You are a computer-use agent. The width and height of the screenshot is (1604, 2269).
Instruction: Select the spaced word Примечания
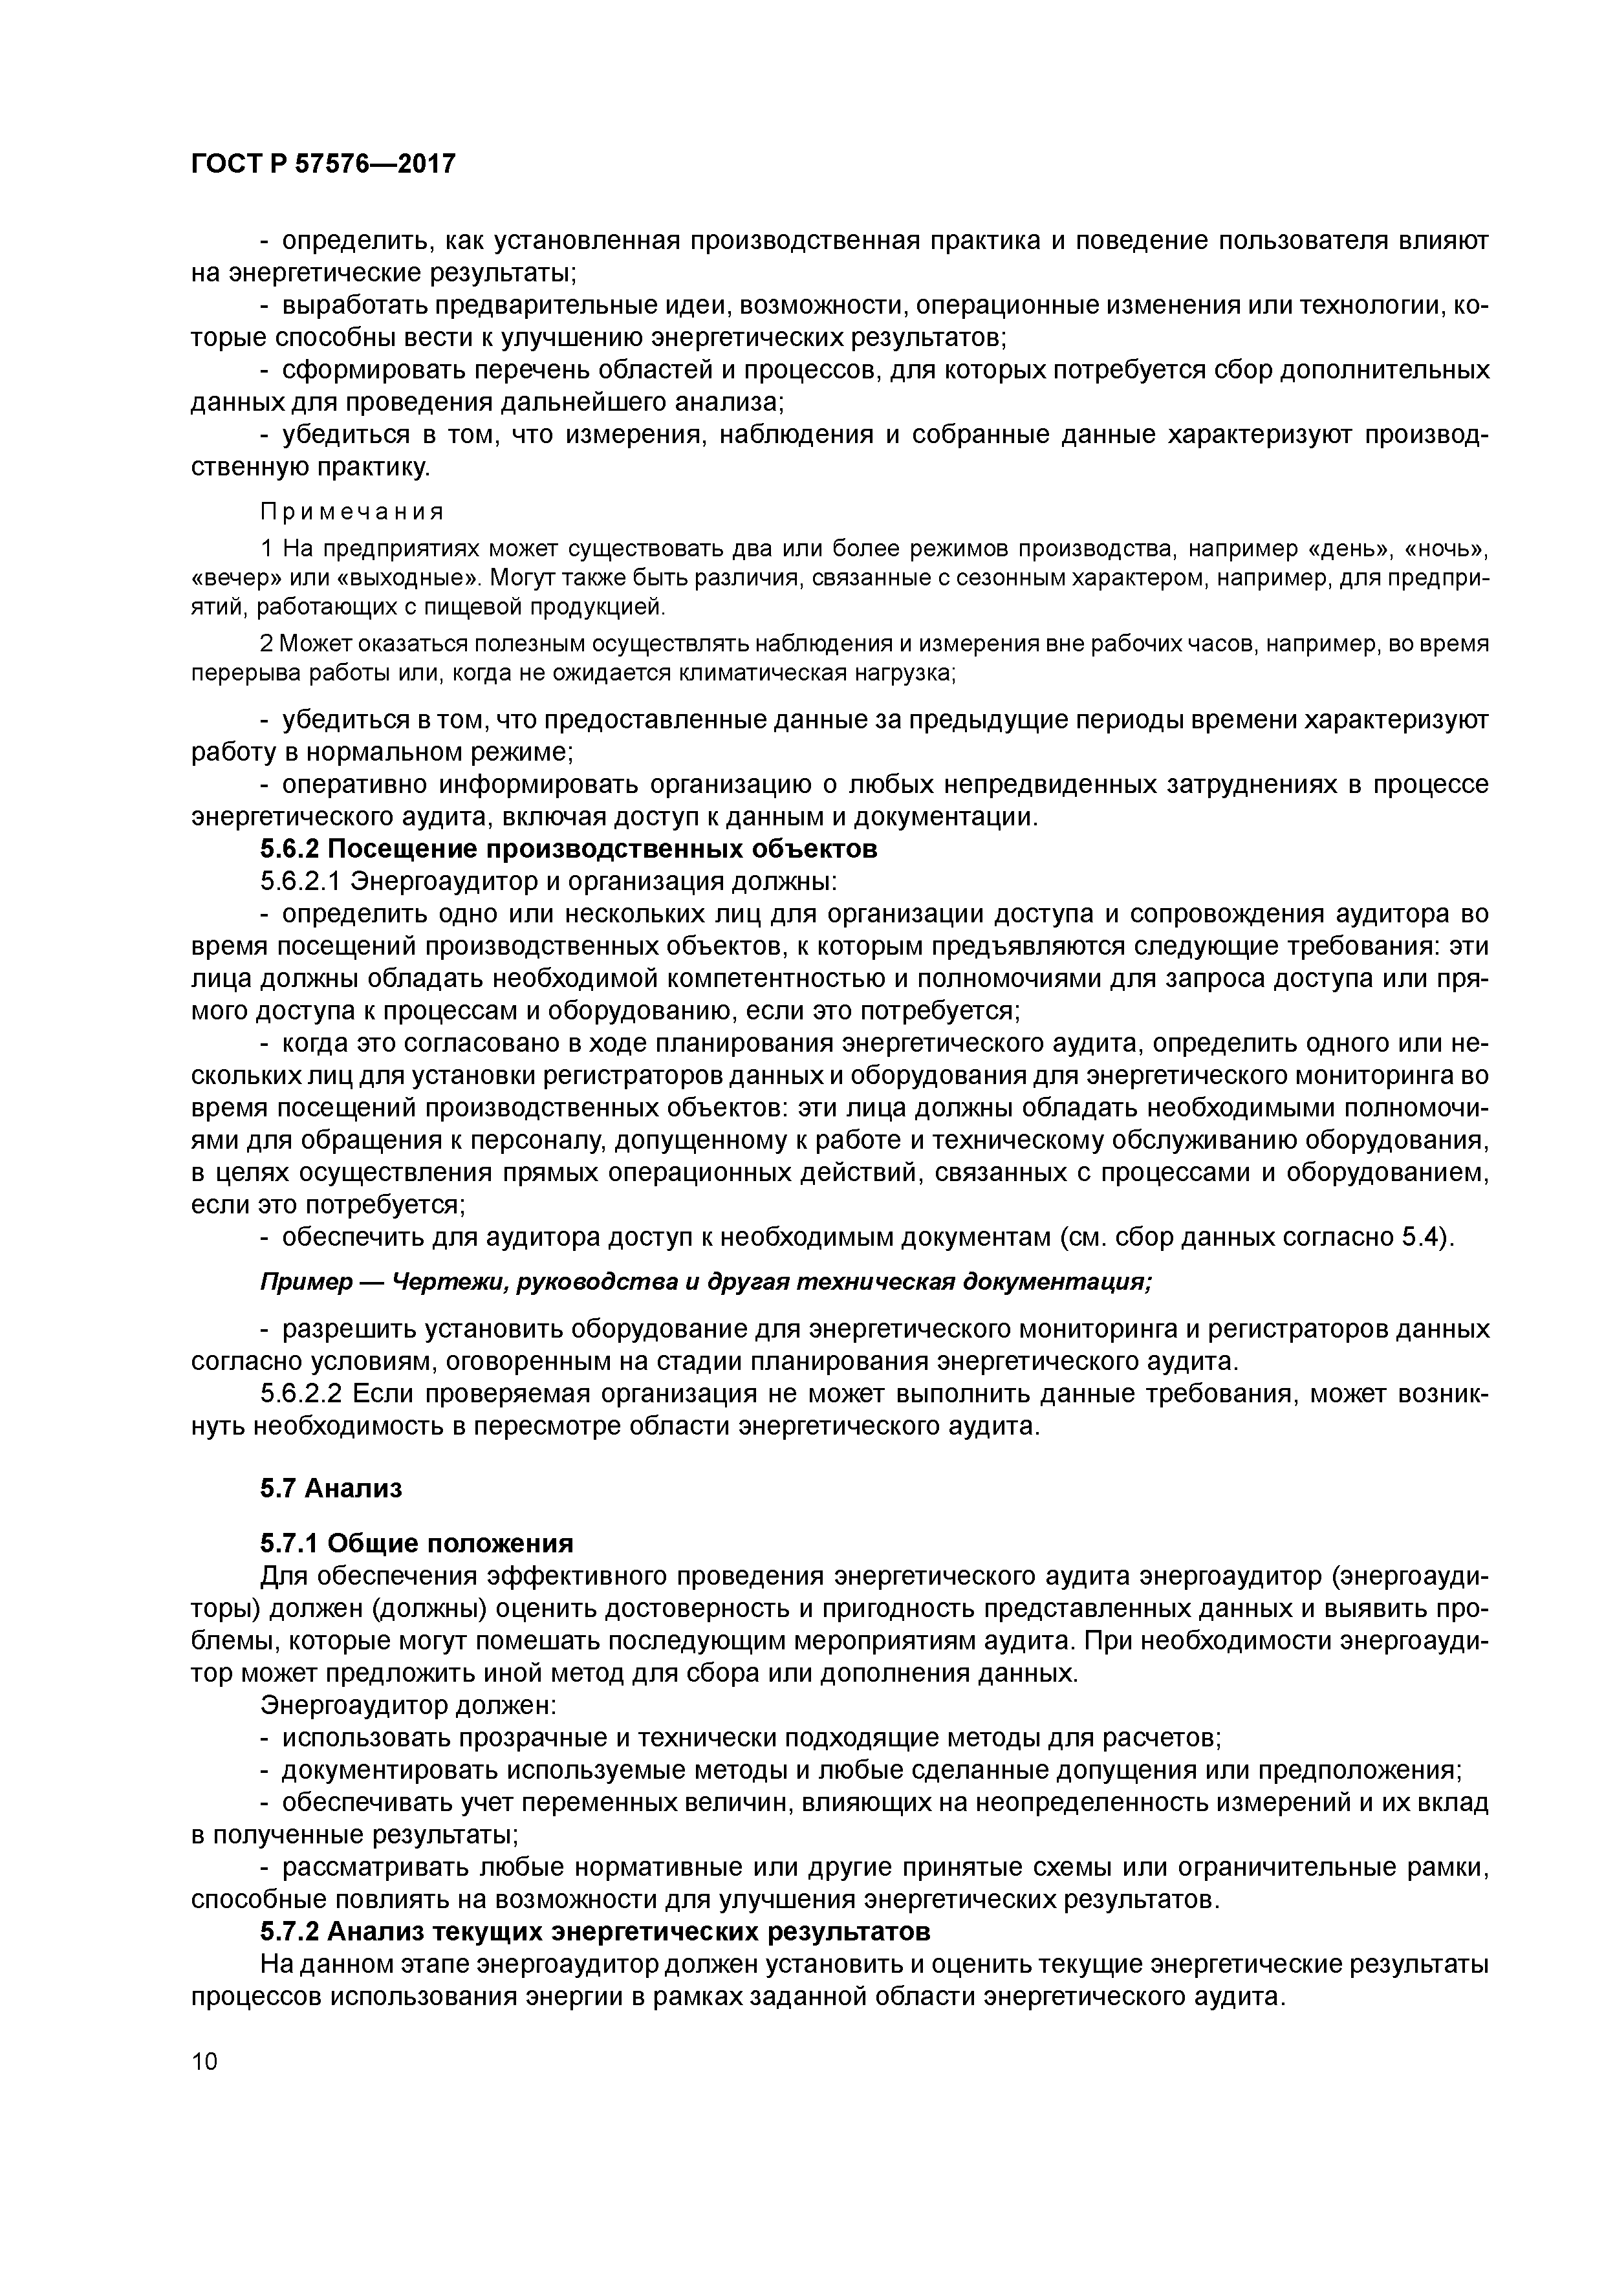click(352, 511)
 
